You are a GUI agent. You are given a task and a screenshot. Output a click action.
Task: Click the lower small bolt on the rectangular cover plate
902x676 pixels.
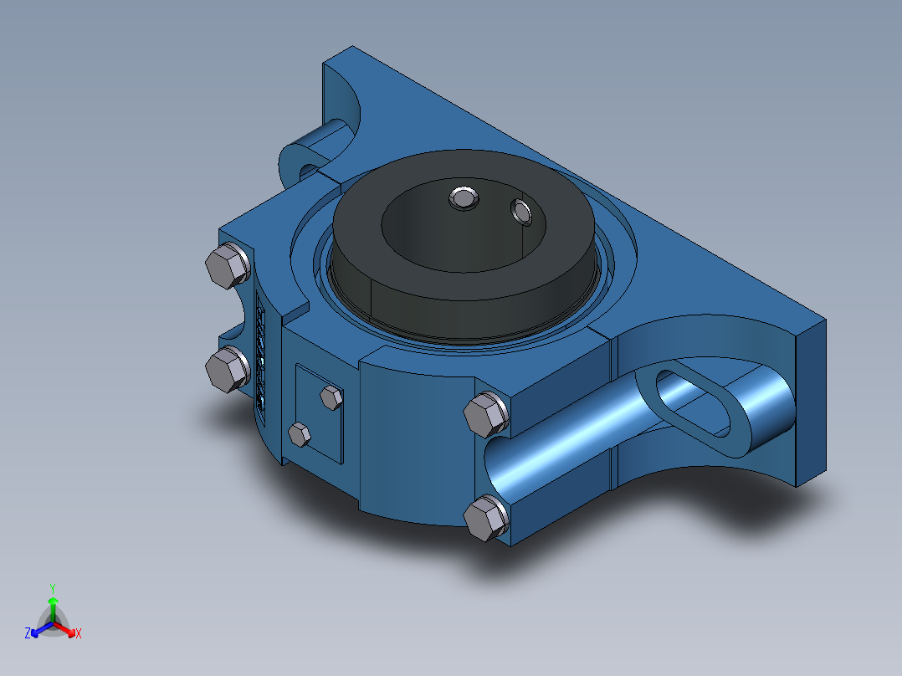click(300, 433)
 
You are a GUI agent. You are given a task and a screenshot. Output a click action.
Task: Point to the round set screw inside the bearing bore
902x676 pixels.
click(463, 198)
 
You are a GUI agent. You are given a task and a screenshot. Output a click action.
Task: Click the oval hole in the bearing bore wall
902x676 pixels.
click(523, 212)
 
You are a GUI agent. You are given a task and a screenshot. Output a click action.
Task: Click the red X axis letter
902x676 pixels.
click(79, 634)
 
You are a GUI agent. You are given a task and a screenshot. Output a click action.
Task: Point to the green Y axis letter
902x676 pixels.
click(52, 588)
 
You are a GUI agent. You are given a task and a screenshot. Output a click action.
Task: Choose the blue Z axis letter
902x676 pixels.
click(28, 634)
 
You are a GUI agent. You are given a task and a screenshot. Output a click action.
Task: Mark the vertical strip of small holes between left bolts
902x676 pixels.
click(260, 360)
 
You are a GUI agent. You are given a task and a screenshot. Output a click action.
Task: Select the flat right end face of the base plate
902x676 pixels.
click(810, 402)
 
